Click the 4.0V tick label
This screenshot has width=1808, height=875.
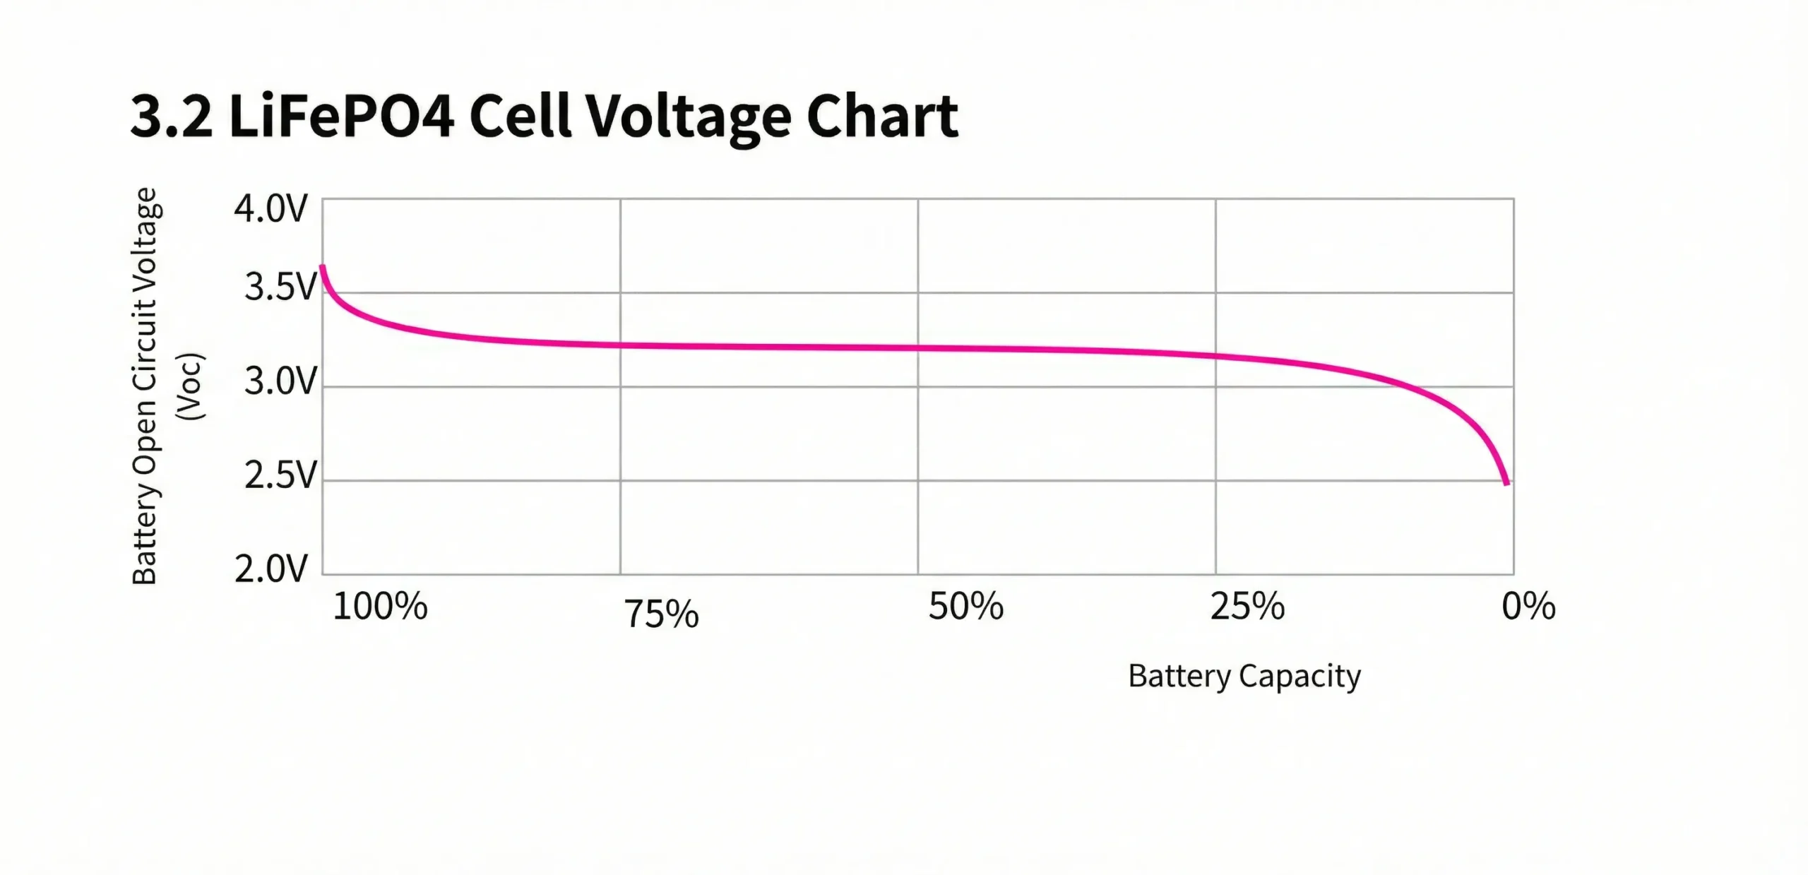271,209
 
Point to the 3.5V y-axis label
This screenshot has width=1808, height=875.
280,287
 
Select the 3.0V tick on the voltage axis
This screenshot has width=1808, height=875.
280,382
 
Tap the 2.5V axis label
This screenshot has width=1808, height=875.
280,476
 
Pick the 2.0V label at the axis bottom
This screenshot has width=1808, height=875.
271,569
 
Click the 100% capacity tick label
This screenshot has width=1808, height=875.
380,607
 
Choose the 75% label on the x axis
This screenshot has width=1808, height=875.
661,614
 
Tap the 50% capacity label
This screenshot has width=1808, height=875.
965,607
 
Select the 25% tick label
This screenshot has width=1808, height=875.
1247,607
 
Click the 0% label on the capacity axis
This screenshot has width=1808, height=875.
1528,607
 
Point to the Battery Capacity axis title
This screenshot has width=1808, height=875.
1244,676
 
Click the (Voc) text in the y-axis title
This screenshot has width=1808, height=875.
191,386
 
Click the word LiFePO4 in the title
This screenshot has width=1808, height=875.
341,117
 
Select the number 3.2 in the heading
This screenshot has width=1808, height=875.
171,117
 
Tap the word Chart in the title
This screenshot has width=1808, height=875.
882,117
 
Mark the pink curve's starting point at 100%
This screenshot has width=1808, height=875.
323,267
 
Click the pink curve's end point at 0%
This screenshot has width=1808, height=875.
1507,483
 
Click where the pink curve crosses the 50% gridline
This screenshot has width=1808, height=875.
918,347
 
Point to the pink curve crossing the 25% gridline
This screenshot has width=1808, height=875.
1215,356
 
